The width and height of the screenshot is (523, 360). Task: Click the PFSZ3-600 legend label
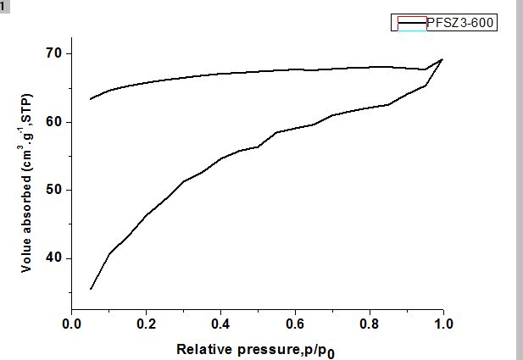(x=460, y=23)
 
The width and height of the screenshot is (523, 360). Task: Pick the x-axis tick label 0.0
(x=72, y=323)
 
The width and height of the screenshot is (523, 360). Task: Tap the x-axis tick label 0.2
(x=146, y=323)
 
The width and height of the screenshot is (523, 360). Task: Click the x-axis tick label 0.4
(x=220, y=323)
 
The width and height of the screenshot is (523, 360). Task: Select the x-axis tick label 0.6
(x=294, y=323)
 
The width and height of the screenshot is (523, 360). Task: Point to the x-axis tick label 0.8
(x=369, y=323)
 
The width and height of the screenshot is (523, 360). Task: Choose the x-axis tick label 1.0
(x=442, y=323)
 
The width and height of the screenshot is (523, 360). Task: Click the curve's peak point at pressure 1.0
(x=442, y=59)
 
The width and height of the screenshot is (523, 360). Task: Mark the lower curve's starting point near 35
(x=91, y=289)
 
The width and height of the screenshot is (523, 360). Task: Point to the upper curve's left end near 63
(x=91, y=99)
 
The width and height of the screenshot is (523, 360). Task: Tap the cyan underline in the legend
(x=410, y=30)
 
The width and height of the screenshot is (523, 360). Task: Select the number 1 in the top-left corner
(x=3, y=5)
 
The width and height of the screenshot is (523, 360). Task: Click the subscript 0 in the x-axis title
(x=342, y=352)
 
